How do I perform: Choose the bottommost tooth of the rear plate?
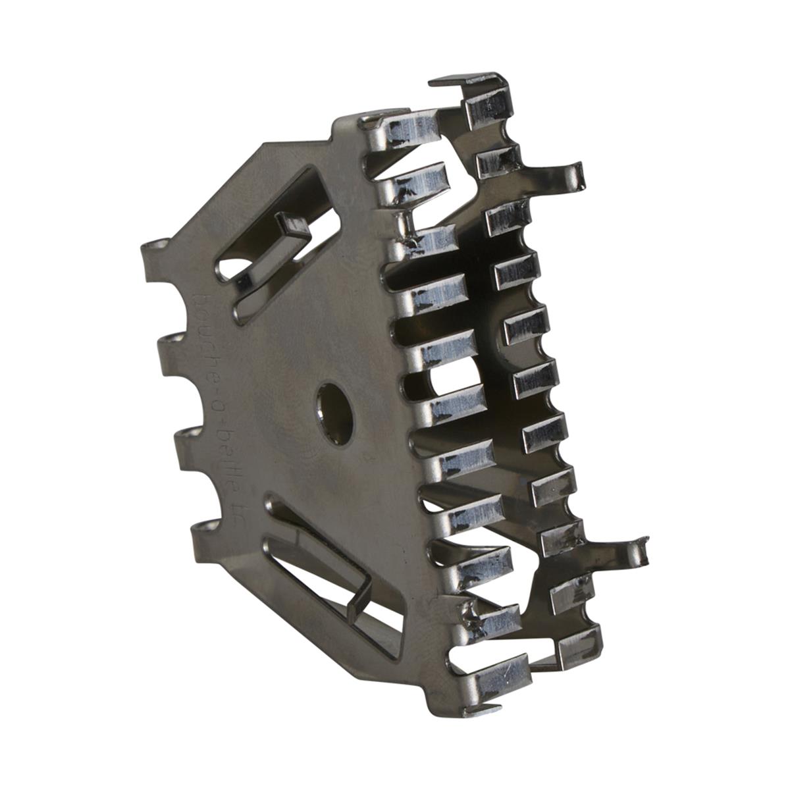tap(579, 642)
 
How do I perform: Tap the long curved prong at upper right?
tap(560, 174)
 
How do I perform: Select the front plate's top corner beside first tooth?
tap(346, 122)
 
